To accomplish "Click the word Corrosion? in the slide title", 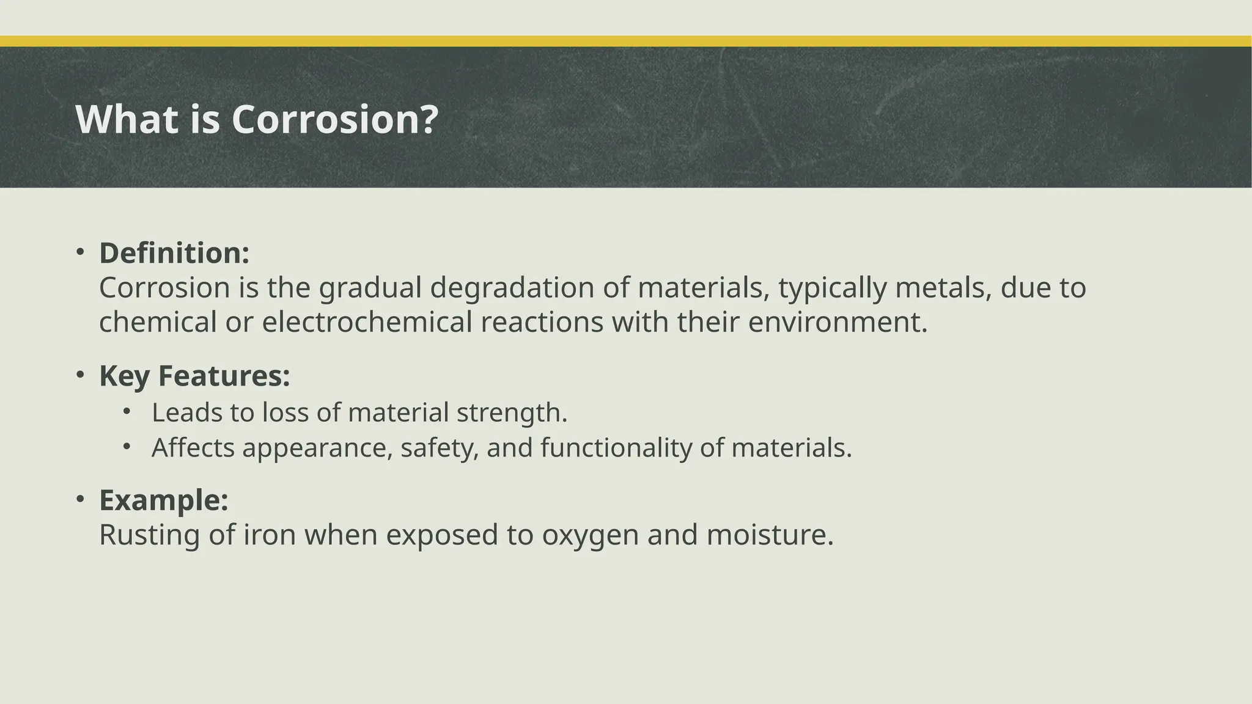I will tap(335, 119).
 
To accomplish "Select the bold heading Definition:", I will tap(174, 253).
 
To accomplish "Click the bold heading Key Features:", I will tap(194, 375).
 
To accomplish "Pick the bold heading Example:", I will tap(164, 500).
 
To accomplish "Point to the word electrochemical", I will tap(367, 322).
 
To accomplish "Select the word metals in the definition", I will tap(943, 288).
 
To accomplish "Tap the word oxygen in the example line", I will tap(590, 536).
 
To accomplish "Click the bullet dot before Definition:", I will tap(79, 252).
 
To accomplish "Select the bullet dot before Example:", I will tap(79, 499).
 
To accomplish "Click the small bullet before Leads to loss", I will tap(127, 411).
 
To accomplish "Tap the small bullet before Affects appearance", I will tap(127, 447).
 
